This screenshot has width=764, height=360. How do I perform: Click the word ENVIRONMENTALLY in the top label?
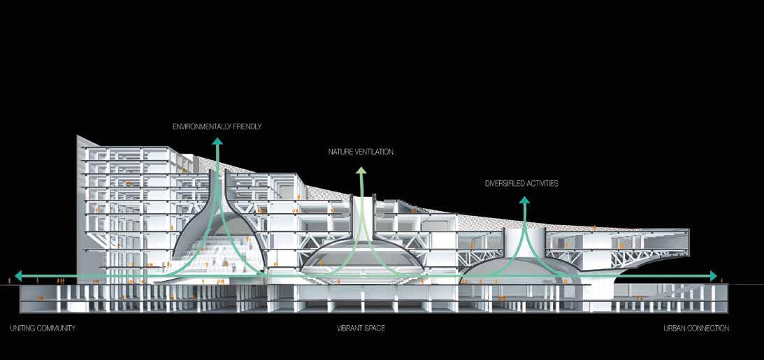[200, 127]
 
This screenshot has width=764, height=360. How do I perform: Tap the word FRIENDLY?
[244, 127]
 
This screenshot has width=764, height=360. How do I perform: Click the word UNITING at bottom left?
[22, 328]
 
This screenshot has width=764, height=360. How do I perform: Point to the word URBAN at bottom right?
[675, 328]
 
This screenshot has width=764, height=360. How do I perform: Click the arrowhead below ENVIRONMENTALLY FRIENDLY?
[218, 142]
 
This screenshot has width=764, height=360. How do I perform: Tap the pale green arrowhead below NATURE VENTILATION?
[361, 170]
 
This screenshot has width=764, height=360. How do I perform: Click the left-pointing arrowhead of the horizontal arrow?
[18, 275]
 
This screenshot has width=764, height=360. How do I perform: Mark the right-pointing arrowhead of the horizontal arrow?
[713, 275]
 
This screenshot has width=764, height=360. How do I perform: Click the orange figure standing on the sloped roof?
[594, 227]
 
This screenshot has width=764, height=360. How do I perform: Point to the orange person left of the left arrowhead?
[9, 280]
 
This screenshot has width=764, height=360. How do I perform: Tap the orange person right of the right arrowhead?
[722, 280]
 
